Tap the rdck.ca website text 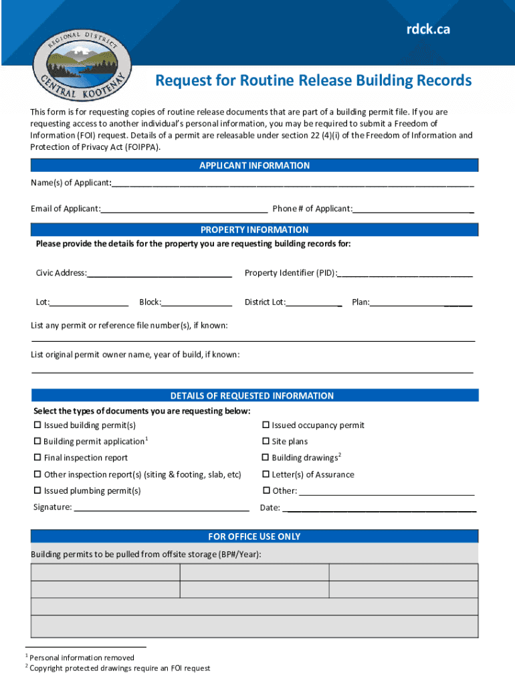pyautogui.click(x=428, y=30)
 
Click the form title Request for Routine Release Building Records pyautogui.click(x=313, y=81)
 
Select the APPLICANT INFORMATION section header pyautogui.click(x=254, y=165)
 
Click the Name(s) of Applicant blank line pyautogui.click(x=293, y=183)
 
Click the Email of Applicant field pyautogui.click(x=184, y=208)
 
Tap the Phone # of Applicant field pyautogui.click(x=413, y=208)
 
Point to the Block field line pyautogui.click(x=197, y=302)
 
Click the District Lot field pyautogui.click(x=314, y=302)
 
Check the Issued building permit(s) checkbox pyautogui.click(x=37, y=425)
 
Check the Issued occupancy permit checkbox pyautogui.click(x=266, y=425)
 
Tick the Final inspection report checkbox pyautogui.click(x=37, y=458)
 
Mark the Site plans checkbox pyautogui.click(x=266, y=442)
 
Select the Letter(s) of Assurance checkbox pyautogui.click(x=266, y=475)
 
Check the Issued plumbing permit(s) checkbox pyautogui.click(x=37, y=491)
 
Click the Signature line pyautogui.click(x=161, y=507)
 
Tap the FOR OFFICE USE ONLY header pyautogui.click(x=254, y=536)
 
